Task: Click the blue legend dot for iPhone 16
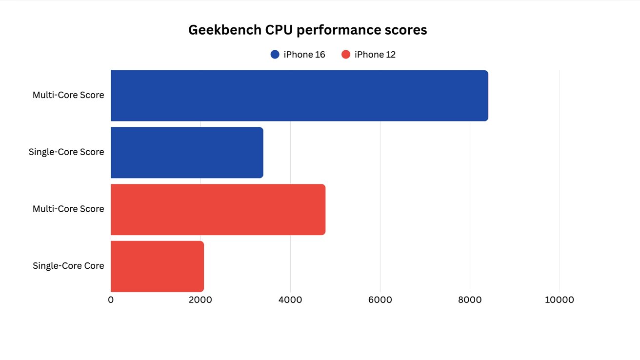(275, 55)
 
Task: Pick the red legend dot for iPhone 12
(346, 55)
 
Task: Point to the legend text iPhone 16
(304, 55)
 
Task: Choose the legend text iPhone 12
(375, 55)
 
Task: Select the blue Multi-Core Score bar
(299, 96)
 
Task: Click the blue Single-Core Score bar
(187, 153)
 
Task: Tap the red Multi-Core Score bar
(218, 209)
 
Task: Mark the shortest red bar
(157, 266)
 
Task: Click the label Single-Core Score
(66, 152)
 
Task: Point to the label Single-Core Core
(68, 266)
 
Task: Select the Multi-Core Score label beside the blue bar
(68, 95)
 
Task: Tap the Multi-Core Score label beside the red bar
(68, 209)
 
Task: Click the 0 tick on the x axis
(111, 300)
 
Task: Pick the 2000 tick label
(200, 300)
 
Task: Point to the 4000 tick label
(290, 300)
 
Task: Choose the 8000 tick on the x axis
(470, 300)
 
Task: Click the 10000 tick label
(560, 300)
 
